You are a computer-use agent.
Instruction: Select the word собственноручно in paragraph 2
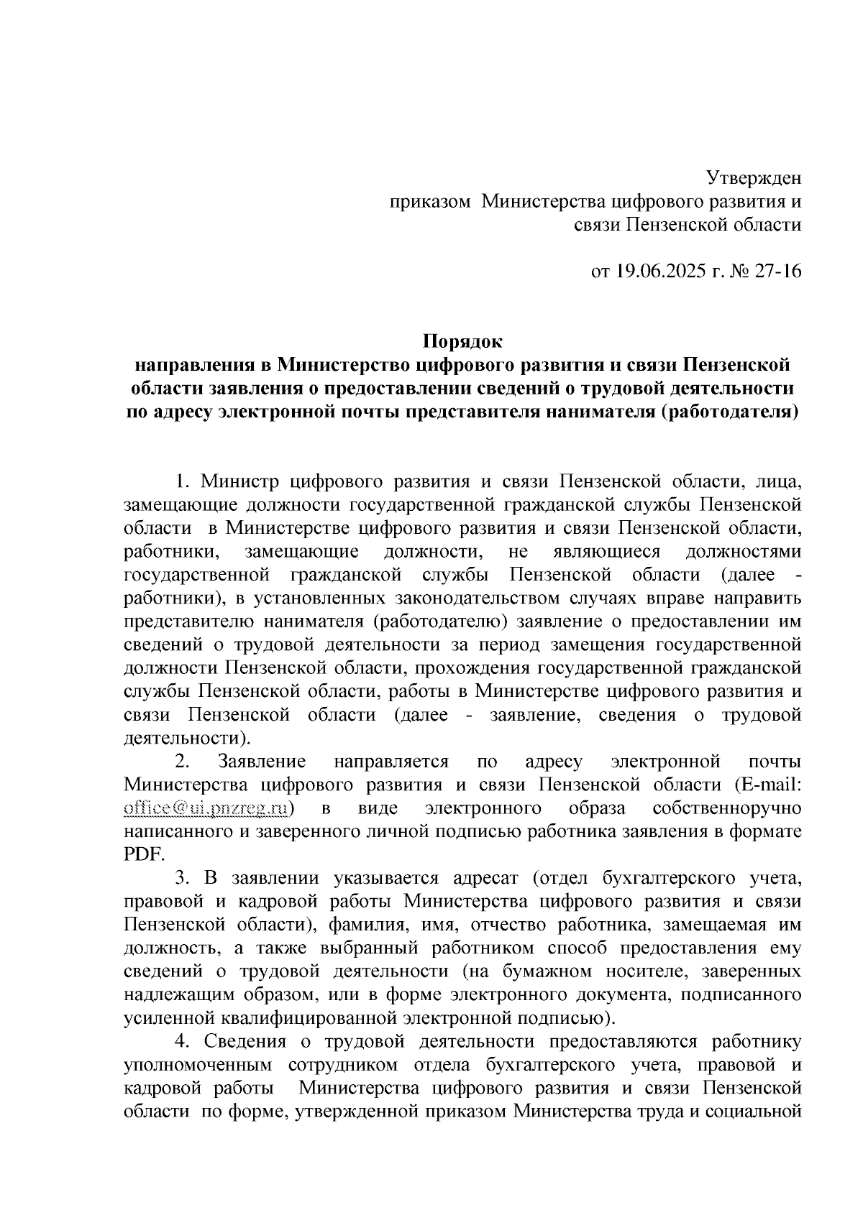click(727, 808)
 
